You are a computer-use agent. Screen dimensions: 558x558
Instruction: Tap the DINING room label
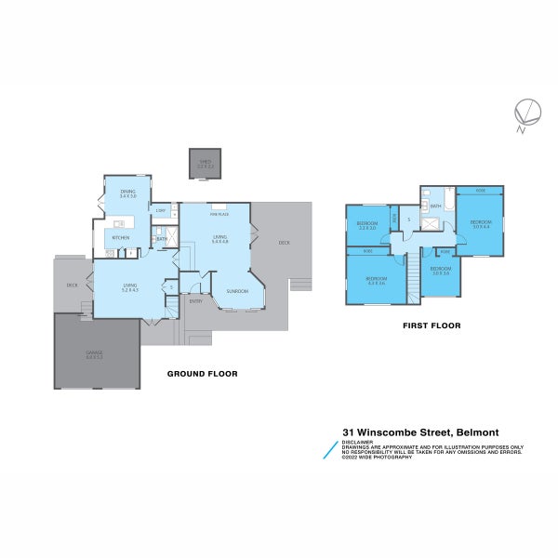tap(127, 192)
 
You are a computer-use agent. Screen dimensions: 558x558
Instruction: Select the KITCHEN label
tap(121, 238)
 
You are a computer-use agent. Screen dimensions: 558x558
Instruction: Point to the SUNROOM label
tap(237, 291)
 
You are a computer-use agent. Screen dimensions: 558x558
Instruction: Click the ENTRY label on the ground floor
tap(196, 300)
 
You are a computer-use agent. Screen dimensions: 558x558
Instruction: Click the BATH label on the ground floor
tap(161, 239)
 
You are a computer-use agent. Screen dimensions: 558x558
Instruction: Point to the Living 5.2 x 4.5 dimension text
tap(129, 291)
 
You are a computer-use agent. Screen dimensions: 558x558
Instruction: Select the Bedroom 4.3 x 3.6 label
tap(376, 281)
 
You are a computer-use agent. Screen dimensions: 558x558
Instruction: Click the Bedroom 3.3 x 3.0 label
tap(366, 226)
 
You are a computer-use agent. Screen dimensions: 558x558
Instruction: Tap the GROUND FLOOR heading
tap(202, 374)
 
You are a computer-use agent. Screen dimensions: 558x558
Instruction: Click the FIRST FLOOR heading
tap(431, 326)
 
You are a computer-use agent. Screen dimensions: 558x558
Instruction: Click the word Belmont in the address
tap(474, 432)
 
